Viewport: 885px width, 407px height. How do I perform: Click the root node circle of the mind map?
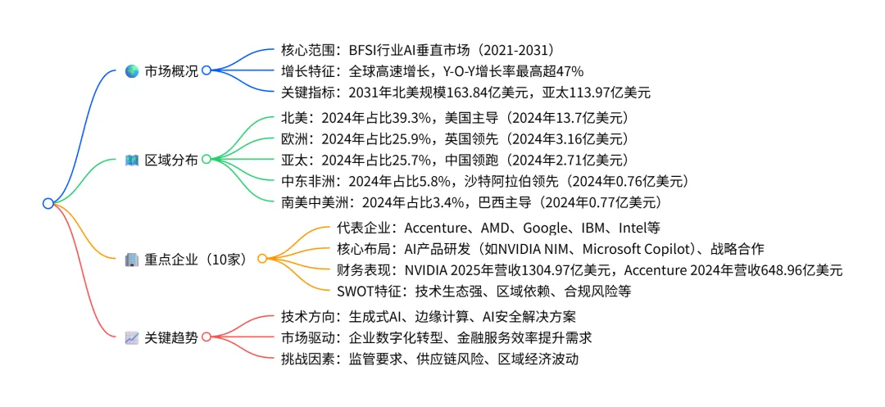[x=48, y=203]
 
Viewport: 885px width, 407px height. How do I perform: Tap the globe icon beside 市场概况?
[x=131, y=71]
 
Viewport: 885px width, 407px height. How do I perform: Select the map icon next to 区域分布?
[x=131, y=160]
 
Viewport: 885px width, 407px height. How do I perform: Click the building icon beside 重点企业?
[x=131, y=259]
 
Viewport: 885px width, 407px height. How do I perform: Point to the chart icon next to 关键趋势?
[x=131, y=337]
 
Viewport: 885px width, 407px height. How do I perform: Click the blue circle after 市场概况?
[x=206, y=71]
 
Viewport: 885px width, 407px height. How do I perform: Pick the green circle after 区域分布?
[x=206, y=160]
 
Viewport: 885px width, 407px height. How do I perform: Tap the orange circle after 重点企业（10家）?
[x=262, y=259]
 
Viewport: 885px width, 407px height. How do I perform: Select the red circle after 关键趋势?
[x=206, y=337]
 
